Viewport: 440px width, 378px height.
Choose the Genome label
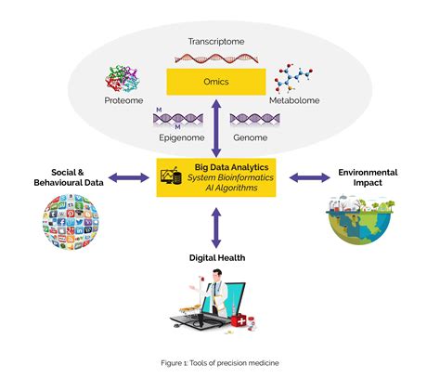pyautogui.click(x=251, y=137)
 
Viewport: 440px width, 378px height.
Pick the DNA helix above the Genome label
pyautogui.click(x=250, y=119)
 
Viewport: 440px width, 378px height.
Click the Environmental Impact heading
pyautogui.click(x=368, y=177)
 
